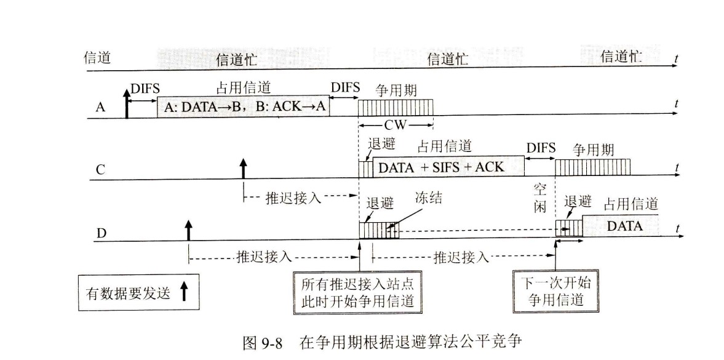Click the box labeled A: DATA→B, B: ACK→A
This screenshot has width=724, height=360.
[244, 107]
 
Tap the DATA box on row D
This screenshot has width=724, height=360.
[624, 226]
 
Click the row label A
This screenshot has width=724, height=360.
[100, 106]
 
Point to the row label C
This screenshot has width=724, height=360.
[100, 170]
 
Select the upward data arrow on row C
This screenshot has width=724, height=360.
[243, 168]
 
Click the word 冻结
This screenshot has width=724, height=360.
[428, 199]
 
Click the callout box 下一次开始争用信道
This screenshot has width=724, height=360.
[555, 292]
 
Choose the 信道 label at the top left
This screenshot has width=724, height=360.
[97, 58]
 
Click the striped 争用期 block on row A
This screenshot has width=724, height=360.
[396, 107]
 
